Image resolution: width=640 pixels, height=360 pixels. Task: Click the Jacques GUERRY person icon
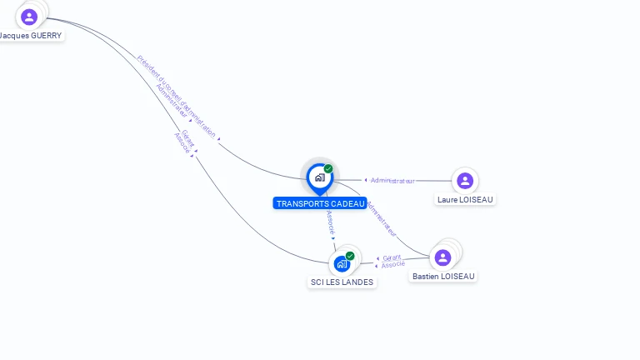[x=29, y=17]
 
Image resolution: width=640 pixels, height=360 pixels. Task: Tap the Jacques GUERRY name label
[x=31, y=36]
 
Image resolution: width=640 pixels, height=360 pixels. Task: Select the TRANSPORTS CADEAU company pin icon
[x=319, y=177]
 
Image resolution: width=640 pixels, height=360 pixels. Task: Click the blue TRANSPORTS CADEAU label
[x=320, y=203]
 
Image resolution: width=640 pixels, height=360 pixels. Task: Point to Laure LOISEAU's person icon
[x=465, y=180]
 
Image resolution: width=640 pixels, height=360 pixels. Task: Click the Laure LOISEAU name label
[x=465, y=199]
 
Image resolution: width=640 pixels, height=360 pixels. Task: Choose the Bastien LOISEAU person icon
[x=442, y=257]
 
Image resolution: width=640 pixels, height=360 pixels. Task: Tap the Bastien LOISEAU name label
[x=444, y=276]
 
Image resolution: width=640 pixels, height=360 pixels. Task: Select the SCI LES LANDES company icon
[x=342, y=264]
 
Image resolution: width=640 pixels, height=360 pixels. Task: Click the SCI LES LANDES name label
[x=342, y=282]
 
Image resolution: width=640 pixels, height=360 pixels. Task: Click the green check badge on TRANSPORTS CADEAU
[x=328, y=169]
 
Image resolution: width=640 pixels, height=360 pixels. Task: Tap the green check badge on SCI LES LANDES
[x=350, y=256]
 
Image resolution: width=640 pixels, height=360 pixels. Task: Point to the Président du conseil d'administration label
[x=176, y=96]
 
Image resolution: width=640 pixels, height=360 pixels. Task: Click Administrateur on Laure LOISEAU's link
[x=392, y=181]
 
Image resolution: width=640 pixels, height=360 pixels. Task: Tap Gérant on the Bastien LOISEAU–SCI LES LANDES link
[x=392, y=257]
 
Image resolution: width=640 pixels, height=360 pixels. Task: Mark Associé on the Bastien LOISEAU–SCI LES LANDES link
[x=392, y=265]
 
